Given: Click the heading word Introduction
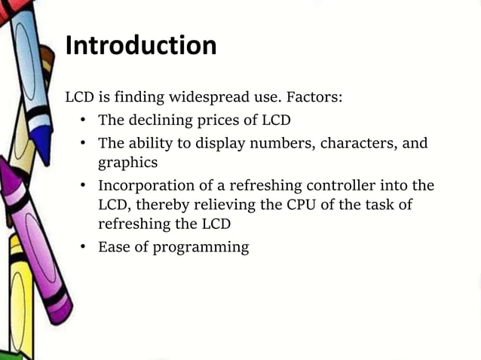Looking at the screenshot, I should click(141, 46).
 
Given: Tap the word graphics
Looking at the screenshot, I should click(127, 162).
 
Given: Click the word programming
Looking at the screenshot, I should click(201, 247).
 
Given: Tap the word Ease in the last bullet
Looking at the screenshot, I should click(114, 247).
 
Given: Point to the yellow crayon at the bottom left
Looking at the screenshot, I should click(19, 301).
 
